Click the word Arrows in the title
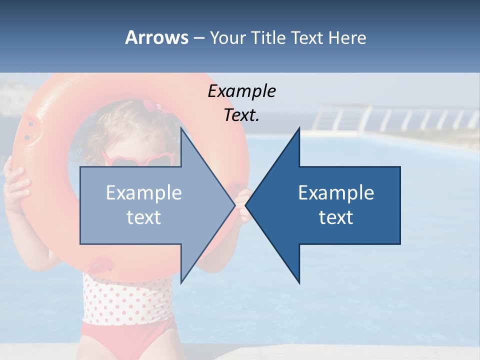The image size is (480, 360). point(156,37)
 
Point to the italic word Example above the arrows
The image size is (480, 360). point(241,91)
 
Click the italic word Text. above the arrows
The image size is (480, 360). point(241,115)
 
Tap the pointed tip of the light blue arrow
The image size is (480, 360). point(233,205)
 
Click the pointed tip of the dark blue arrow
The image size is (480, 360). point(248,205)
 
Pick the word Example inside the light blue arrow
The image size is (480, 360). point(144,193)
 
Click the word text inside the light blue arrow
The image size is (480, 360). point(144,217)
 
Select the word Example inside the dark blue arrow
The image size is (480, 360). point(336,193)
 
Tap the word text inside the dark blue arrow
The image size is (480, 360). point(336,217)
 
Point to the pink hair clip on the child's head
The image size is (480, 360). point(150,106)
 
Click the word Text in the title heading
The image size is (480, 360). point(307,37)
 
